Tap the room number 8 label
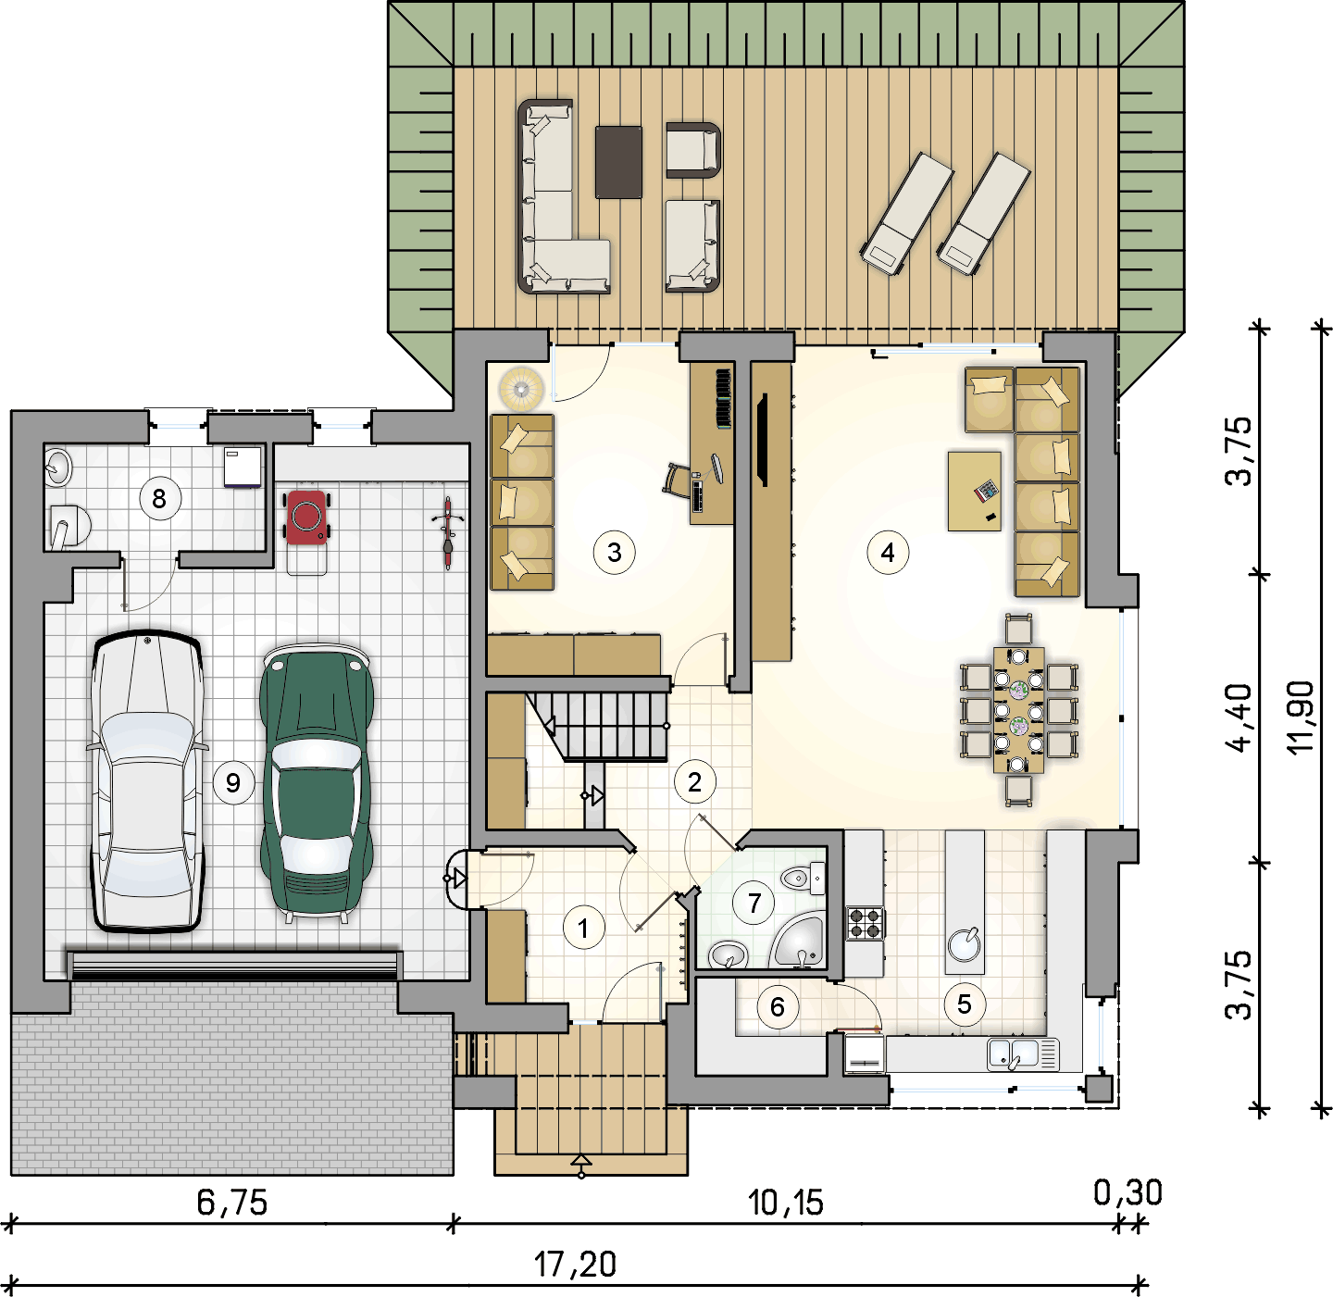(x=159, y=499)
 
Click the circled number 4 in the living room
(x=888, y=553)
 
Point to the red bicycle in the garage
(x=448, y=533)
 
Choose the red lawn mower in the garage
(x=306, y=518)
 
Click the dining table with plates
(x=1018, y=710)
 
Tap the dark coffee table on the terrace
(x=618, y=162)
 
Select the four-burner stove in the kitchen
(x=866, y=923)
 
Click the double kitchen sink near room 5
(x=1023, y=1055)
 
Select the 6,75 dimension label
(x=232, y=1203)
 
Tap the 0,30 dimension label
(x=1127, y=1193)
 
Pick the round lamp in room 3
(x=521, y=389)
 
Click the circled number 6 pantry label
(x=778, y=1006)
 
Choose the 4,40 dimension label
(x=1239, y=718)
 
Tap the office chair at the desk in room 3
(x=676, y=479)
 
